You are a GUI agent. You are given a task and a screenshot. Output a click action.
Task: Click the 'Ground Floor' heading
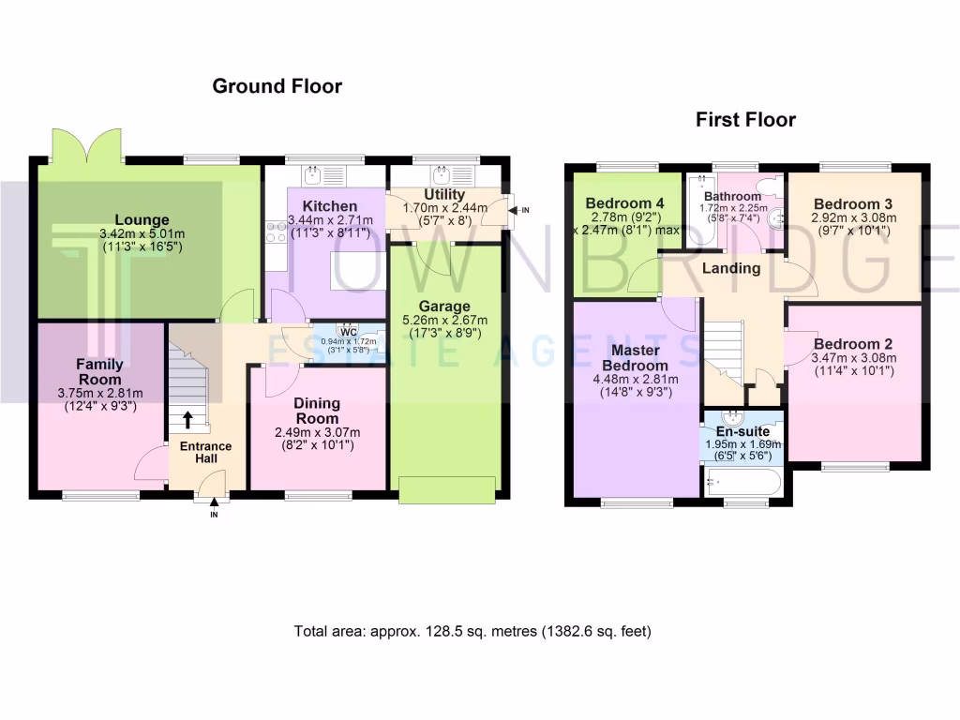pyautogui.click(x=277, y=86)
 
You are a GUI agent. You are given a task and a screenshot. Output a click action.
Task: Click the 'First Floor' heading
pyautogui.click(x=745, y=120)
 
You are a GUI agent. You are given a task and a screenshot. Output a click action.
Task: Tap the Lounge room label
pyautogui.click(x=136, y=221)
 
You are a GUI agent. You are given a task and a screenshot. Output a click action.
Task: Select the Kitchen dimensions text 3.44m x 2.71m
pyautogui.click(x=329, y=220)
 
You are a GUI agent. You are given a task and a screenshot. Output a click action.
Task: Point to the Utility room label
pyautogui.click(x=445, y=194)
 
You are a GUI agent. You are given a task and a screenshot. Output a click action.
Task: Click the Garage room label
pyautogui.click(x=444, y=306)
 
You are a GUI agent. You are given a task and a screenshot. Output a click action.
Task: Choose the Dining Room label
pyautogui.click(x=319, y=410)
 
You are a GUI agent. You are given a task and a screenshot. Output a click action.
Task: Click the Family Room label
pyautogui.click(x=99, y=371)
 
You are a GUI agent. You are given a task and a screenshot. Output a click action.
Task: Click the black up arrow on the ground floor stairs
pyautogui.click(x=188, y=420)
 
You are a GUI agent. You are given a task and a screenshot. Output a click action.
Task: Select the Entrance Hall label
pyautogui.click(x=206, y=452)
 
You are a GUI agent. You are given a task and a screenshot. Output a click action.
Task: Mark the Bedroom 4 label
pyautogui.click(x=623, y=203)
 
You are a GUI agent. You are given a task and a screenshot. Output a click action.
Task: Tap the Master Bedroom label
pyautogui.click(x=635, y=358)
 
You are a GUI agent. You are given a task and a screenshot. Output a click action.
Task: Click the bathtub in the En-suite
pyautogui.click(x=741, y=483)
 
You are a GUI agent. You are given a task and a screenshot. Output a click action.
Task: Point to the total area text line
pyautogui.click(x=472, y=631)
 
